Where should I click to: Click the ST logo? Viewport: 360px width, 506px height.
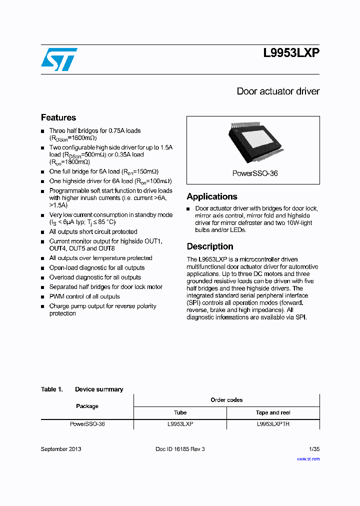tap(58, 59)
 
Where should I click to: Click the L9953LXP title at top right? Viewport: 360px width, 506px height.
tap(291, 53)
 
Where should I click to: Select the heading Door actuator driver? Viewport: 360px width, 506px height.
tap(278, 91)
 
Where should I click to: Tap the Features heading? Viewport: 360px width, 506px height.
tap(58, 117)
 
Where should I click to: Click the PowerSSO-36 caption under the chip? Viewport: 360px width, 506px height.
tap(255, 173)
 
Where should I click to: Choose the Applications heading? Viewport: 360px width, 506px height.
tap(212, 196)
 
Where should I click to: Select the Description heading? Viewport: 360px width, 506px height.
tap(210, 246)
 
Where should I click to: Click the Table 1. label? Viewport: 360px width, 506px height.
tap(51, 389)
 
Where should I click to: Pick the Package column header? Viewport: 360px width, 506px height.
tap(87, 406)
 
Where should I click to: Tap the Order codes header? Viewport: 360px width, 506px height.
tap(226, 400)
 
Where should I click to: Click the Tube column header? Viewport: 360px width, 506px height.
tap(180, 412)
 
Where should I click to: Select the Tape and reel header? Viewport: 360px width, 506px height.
tap(273, 412)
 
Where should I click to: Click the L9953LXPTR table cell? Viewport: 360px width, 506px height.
tap(273, 424)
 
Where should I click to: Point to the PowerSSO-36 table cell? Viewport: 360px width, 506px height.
tap(87, 424)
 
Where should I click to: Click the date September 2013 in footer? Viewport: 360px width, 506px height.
tap(61, 449)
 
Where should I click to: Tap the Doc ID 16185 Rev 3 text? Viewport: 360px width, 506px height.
tap(180, 449)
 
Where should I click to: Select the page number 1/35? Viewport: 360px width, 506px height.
tap(314, 449)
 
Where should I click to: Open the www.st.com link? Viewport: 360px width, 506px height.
tap(308, 458)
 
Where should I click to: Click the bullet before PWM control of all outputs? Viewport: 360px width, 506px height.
tap(42, 296)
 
